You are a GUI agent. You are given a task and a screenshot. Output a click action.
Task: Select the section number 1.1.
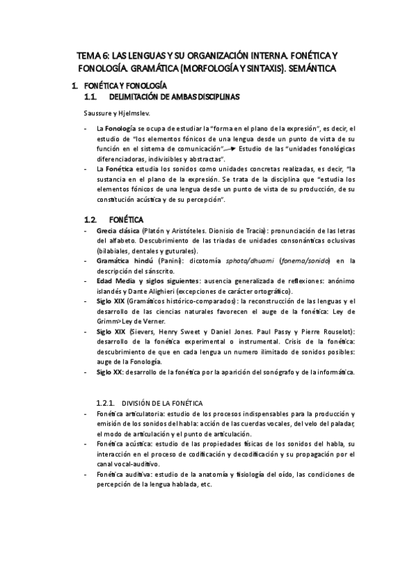pyautogui.click(x=91, y=97)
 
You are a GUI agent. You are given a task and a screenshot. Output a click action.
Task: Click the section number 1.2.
pyautogui.click(x=92, y=219)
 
